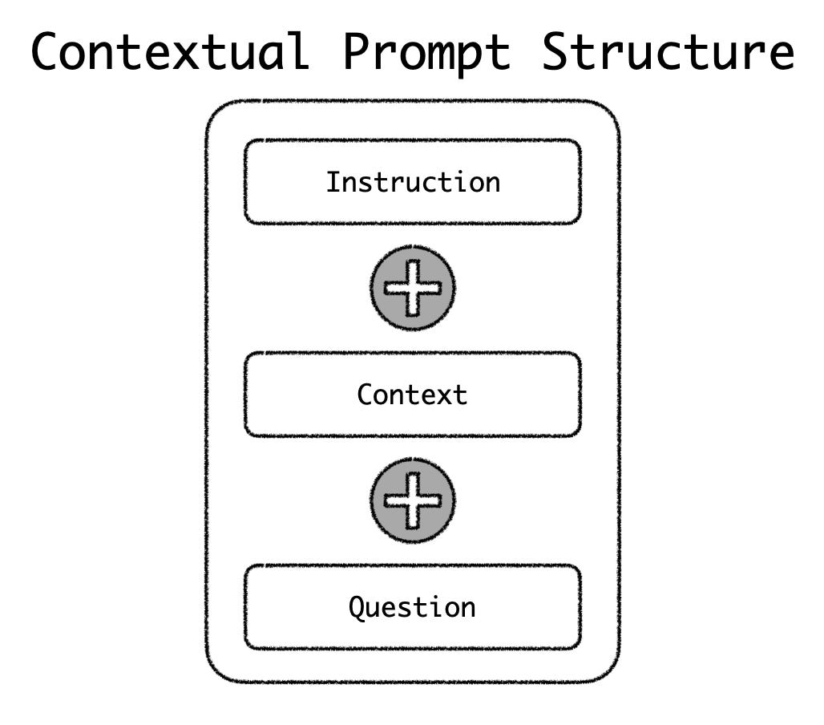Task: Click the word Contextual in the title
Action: coord(170,51)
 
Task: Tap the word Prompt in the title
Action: coord(426,51)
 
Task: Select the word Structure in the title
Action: coord(668,51)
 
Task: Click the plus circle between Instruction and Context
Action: coord(413,287)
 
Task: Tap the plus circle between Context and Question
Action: coord(413,500)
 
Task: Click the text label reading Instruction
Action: coord(412,182)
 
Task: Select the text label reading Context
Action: coord(412,395)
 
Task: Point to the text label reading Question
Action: coord(412,607)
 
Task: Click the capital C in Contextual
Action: coord(49,51)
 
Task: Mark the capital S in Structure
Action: coord(559,51)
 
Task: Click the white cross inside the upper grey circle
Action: coord(413,287)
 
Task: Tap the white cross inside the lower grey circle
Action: coord(413,500)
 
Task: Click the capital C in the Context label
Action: coord(366,395)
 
